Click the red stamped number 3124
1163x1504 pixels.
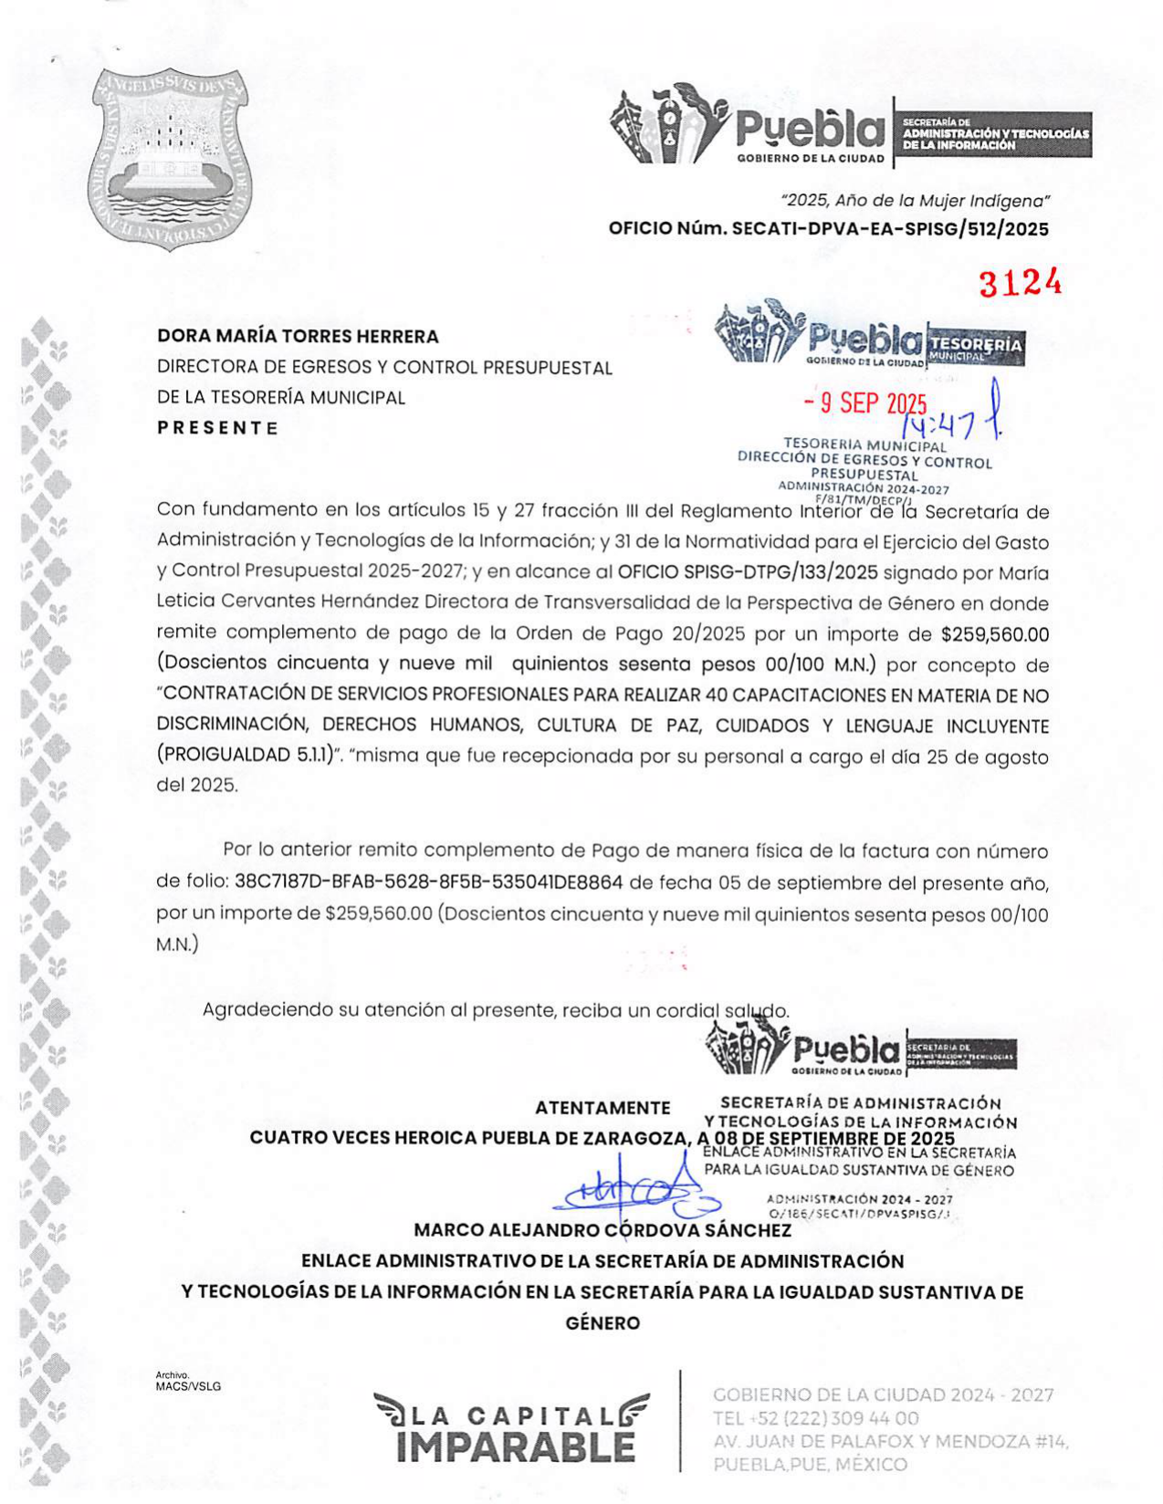click(1020, 284)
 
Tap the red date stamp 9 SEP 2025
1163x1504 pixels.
click(865, 403)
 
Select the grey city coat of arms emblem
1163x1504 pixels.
click(171, 161)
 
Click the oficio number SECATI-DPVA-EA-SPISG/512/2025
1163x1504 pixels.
click(890, 229)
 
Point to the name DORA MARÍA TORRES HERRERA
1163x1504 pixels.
click(298, 336)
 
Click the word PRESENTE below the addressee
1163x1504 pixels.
click(217, 428)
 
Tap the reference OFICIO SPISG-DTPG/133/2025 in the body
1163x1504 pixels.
click(748, 573)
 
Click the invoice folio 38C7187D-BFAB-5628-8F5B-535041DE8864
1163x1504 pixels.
click(428, 883)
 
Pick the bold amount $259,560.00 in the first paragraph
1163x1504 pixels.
click(995, 634)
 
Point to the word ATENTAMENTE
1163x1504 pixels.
click(602, 1108)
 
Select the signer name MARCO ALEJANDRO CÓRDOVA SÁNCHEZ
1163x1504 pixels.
click(602, 1230)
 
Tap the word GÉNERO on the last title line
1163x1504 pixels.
click(602, 1323)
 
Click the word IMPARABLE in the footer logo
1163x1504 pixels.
click(516, 1447)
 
